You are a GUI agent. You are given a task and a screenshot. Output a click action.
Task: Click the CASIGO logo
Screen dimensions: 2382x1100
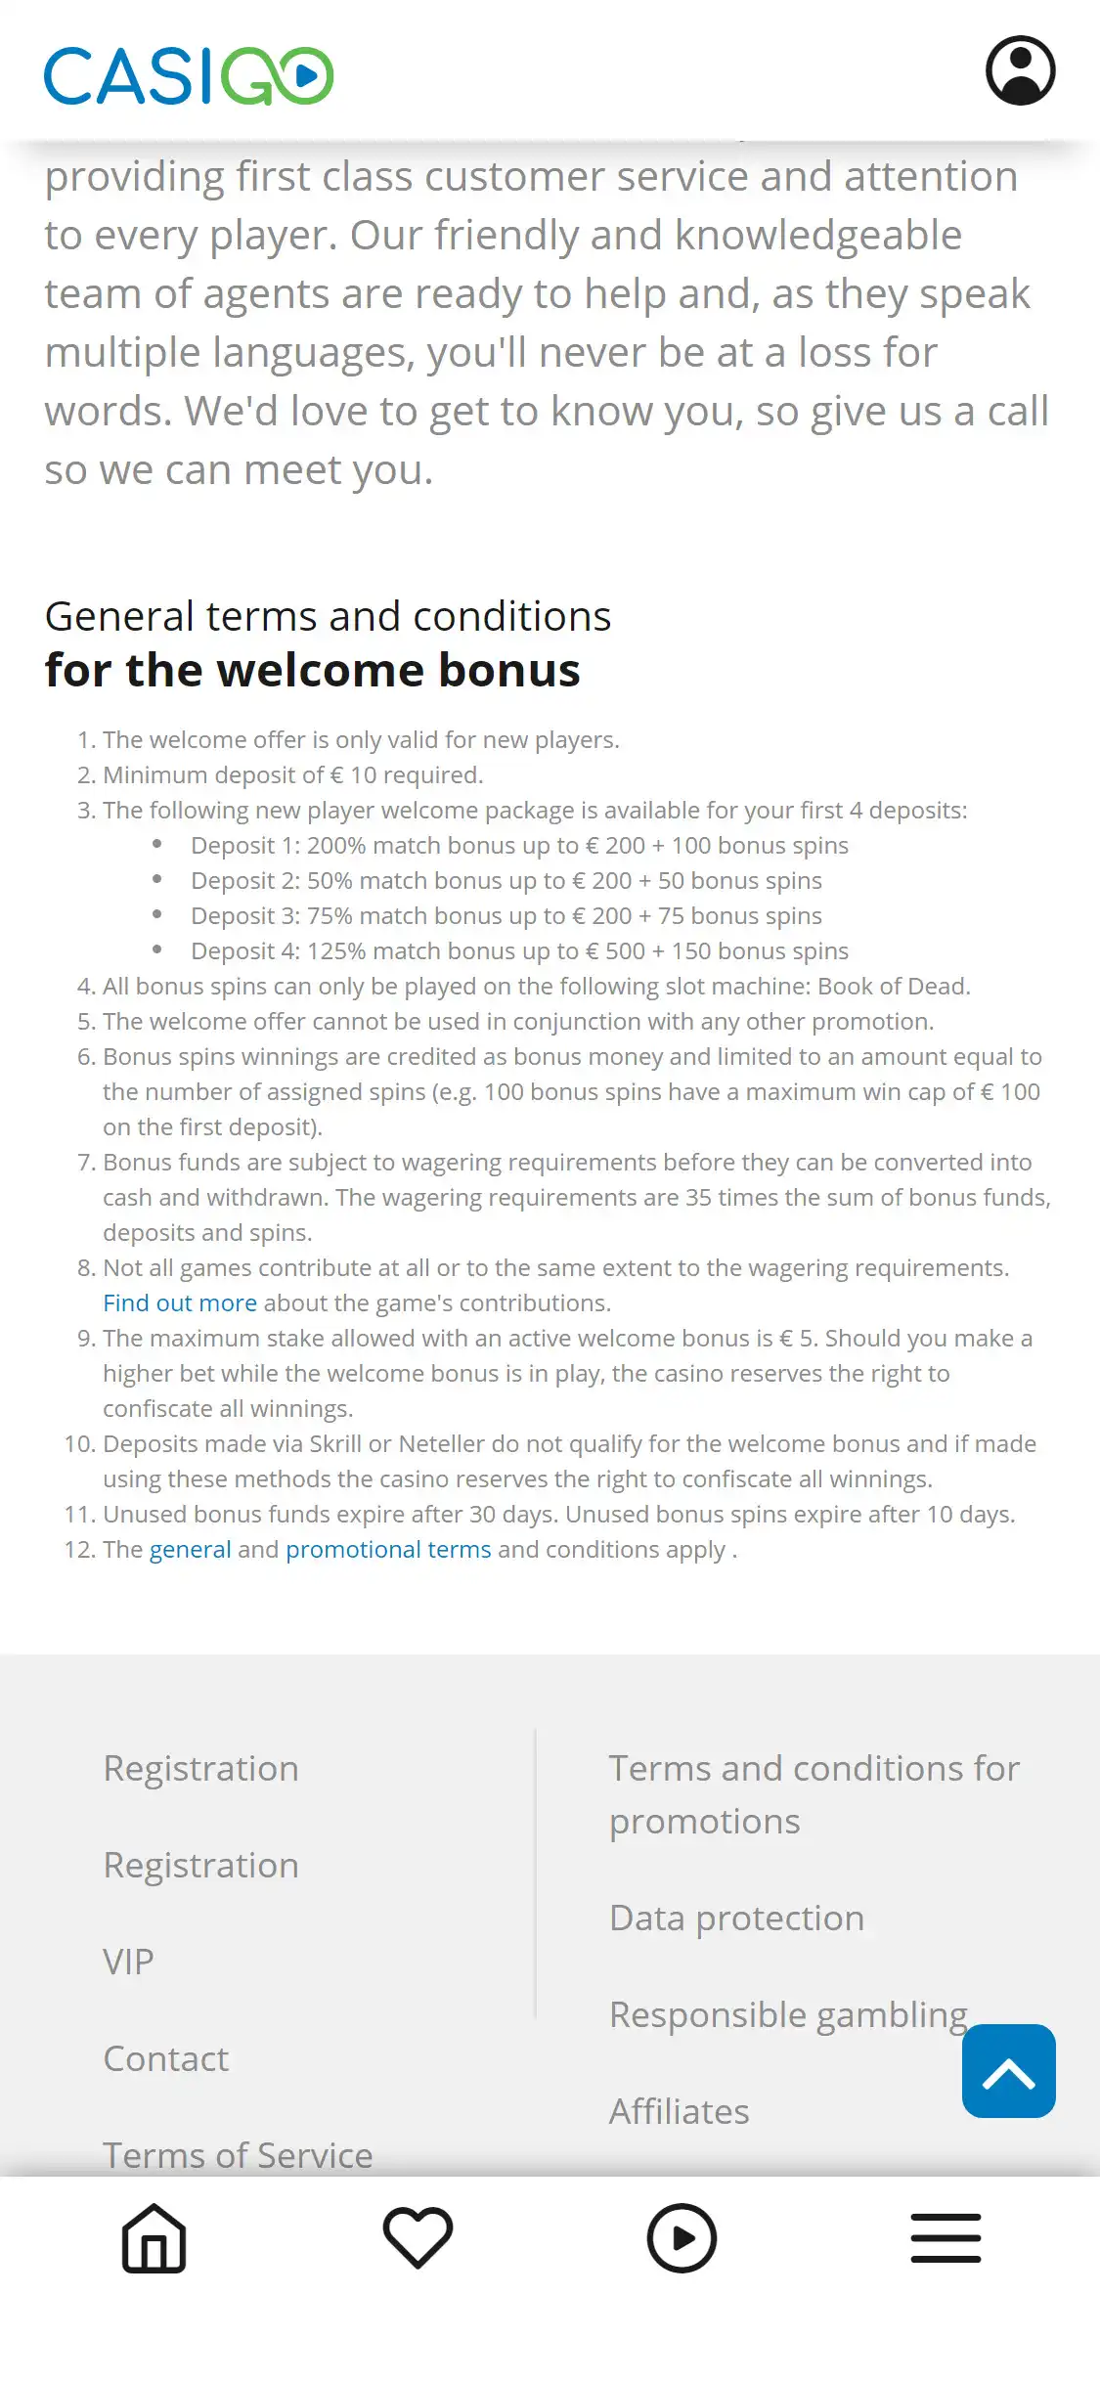[x=189, y=75]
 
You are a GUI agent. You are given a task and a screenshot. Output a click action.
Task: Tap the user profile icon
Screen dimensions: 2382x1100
[x=1020, y=70]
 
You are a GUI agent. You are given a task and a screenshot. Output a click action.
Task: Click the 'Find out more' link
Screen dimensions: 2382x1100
[x=180, y=1303]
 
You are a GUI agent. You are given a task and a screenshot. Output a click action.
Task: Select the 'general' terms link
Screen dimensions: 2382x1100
[x=190, y=1550]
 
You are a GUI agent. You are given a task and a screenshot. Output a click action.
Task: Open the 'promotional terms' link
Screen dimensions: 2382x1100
[x=388, y=1550]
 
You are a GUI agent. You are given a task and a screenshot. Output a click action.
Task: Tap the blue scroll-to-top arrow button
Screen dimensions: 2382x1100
[x=1008, y=2071]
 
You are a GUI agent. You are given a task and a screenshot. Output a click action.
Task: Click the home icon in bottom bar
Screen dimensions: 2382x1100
[x=154, y=2238]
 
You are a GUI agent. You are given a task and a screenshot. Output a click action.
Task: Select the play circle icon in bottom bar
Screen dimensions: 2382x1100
[x=682, y=2238]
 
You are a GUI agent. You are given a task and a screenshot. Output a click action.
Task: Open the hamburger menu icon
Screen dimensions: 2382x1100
[x=946, y=2238]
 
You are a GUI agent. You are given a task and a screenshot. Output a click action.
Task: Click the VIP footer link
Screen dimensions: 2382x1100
[x=128, y=1963]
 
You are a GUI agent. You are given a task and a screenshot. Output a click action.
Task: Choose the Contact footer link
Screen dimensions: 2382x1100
[x=166, y=2059]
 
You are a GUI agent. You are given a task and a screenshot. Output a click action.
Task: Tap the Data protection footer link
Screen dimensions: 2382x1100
[x=736, y=1919]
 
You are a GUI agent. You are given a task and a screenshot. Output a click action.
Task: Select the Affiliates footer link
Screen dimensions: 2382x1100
[x=679, y=2112]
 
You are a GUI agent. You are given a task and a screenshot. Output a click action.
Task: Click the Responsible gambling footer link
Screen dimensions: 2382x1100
[x=788, y=2015]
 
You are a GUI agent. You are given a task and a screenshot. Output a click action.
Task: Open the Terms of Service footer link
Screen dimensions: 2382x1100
[x=238, y=2155]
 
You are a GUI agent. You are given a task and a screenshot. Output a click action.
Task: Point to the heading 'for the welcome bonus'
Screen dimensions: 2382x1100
[x=313, y=671]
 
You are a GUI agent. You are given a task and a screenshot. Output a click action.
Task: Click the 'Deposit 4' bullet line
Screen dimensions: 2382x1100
[x=519, y=951]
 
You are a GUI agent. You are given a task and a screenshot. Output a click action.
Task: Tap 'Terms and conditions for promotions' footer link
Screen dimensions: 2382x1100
[x=814, y=1795]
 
